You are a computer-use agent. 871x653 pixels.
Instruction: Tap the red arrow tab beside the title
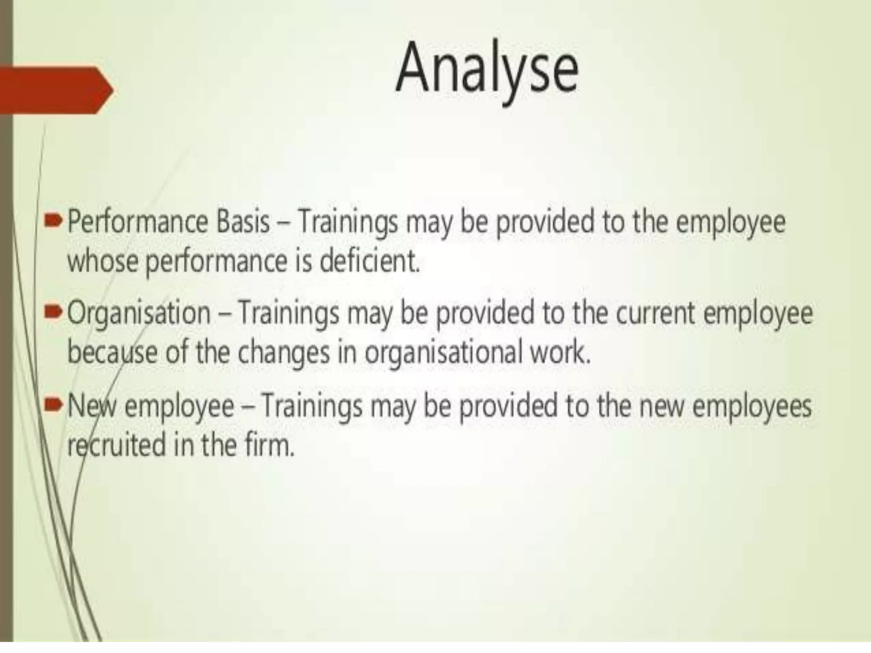55,90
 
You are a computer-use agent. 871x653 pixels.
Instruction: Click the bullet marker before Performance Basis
56,222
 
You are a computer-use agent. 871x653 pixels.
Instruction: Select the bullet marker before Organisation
56,314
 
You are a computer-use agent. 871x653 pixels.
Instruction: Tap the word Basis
243,222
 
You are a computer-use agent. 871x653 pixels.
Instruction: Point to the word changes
283,352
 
